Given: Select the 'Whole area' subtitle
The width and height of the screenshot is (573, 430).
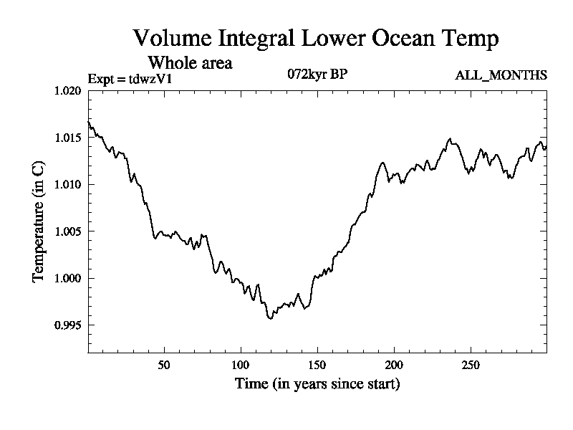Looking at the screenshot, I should [x=190, y=62].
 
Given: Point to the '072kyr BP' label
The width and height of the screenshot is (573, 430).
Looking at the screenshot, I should [x=317, y=75].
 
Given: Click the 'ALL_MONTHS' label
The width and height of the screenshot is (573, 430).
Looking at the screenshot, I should [x=501, y=75].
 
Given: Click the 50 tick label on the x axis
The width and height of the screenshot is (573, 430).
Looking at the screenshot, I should [x=164, y=364].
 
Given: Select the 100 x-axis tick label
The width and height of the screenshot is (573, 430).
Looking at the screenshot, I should [x=240, y=364].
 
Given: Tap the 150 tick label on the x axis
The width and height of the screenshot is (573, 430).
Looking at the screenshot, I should [x=317, y=364].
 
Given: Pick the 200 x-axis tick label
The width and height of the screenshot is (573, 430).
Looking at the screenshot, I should [x=394, y=364].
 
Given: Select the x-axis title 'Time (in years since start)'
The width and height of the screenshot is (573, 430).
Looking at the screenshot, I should [x=317, y=384].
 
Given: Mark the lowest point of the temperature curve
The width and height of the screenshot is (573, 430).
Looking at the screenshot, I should [x=271, y=318].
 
